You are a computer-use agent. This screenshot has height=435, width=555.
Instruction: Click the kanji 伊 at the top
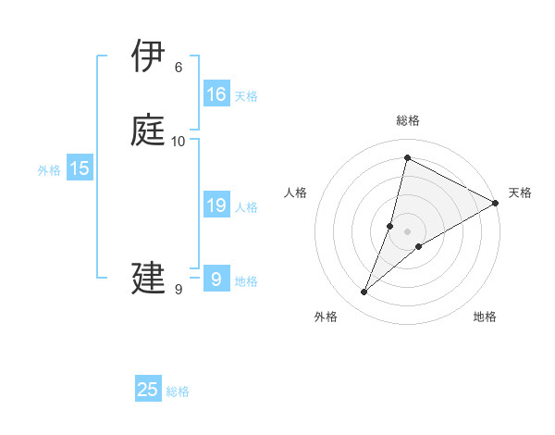coord(149,56)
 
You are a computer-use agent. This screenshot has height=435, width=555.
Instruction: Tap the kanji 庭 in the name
coord(149,130)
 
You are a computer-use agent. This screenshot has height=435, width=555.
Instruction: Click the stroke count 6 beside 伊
coord(179,67)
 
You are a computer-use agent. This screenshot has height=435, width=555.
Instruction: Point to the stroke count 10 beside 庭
coord(179,141)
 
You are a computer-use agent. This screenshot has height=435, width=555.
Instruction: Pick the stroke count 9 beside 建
coord(179,290)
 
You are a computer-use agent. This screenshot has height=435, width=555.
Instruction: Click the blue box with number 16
coord(216,94)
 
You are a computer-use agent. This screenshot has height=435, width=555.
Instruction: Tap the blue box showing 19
coord(216,205)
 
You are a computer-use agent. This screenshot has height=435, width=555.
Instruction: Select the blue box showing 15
coord(80,168)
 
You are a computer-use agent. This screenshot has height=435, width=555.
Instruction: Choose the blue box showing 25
coord(148,390)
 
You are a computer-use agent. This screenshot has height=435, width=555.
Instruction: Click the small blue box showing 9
coord(216,280)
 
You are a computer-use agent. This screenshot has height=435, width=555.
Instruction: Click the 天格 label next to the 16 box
coord(246,96)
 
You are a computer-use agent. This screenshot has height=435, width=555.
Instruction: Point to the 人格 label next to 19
coord(247,207)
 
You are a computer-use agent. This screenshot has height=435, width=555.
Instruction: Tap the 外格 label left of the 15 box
coord(49,170)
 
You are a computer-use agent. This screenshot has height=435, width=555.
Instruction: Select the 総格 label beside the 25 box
coord(178,391)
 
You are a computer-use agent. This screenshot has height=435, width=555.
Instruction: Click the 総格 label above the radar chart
coord(408,120)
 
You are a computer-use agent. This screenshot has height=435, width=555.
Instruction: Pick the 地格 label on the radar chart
coord(485,317)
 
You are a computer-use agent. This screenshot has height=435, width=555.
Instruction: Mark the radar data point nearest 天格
coord(496,204)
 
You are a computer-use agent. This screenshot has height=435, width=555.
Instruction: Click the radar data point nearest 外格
coord(364,292)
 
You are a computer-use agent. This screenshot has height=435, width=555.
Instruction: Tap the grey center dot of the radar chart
coord(408,231)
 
